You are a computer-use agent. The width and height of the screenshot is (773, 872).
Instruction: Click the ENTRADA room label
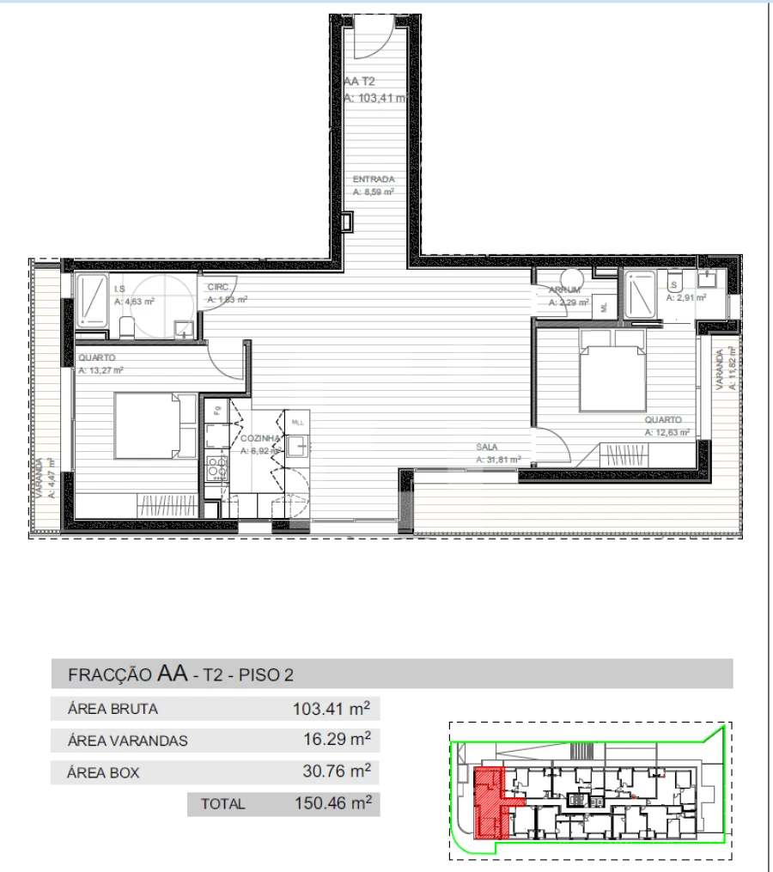[x=373, y=180]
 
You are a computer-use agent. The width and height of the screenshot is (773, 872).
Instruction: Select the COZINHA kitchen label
[x=256, y=438]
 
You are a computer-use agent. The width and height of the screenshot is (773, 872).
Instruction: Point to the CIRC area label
[x=216, y=290]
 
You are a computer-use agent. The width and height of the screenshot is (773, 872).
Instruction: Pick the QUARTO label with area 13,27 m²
[x=96, y=358]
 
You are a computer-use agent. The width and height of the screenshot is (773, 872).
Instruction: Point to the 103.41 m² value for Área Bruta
[x=332, y=709]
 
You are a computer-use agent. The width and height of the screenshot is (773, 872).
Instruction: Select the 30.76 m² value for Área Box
[x=335, y=771]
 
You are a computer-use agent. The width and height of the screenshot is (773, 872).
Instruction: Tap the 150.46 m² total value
[x=332, y=803]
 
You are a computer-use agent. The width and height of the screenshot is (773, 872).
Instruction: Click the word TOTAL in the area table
[x=222, y=804]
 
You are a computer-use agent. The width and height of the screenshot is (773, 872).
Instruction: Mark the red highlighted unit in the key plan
[x=490, y=801]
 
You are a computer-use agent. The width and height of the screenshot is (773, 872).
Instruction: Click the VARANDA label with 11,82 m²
[x=723, y=368]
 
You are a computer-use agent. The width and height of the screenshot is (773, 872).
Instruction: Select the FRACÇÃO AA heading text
[x=129, y=674]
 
